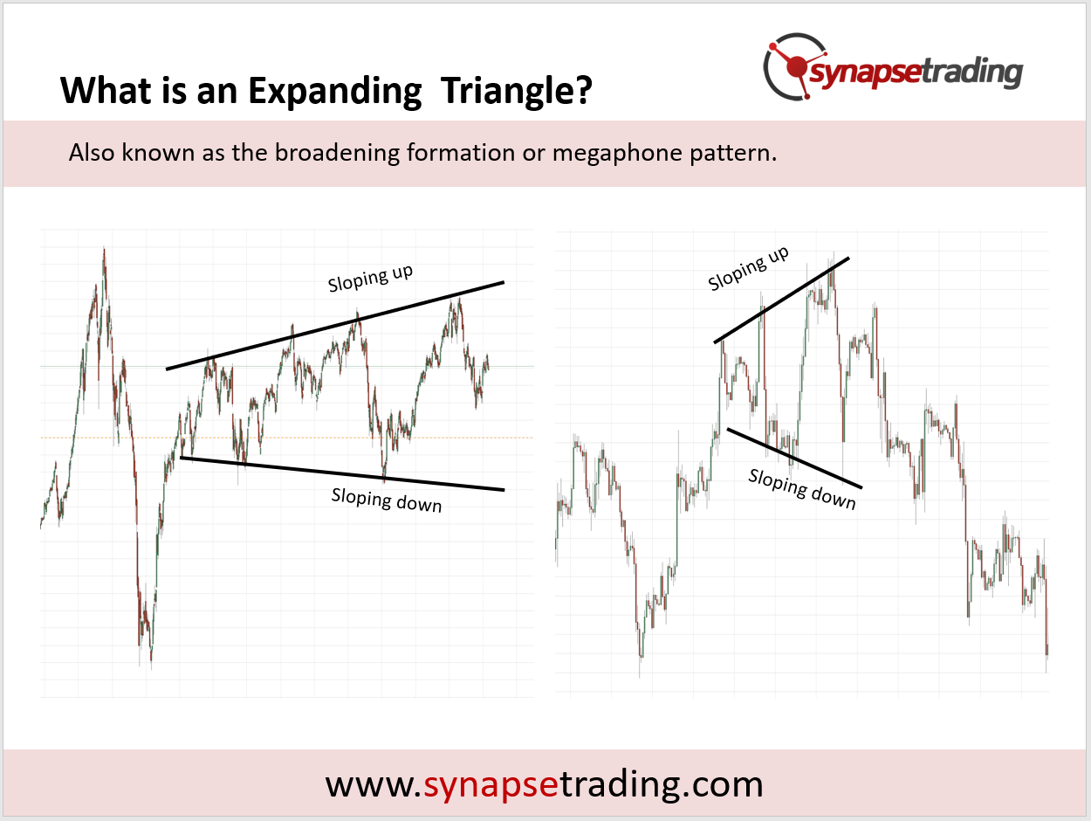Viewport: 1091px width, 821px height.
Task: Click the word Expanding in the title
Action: coord(335,92)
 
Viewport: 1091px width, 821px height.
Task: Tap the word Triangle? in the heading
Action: coord(517,92)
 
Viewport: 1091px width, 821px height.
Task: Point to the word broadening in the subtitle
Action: coord(338,152)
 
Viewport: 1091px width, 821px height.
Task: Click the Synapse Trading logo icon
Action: coord(795,66)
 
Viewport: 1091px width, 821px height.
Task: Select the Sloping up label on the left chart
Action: coord(370,278)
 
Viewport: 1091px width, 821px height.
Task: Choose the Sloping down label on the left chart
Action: coord(386,500)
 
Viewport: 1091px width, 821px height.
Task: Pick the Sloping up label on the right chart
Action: coord(748,268)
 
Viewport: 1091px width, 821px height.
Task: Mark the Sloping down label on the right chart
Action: coord(802,489)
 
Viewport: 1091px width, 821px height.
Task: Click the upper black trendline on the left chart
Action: coord(335,326)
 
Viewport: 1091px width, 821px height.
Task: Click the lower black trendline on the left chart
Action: coord(342,473)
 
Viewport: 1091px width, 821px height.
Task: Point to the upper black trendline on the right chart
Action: coord(781,300)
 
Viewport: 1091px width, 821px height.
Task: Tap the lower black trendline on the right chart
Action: coord(794,458)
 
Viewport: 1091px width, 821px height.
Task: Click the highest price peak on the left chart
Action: coord(104,249)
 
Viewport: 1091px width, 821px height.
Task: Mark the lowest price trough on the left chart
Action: coord(151,666)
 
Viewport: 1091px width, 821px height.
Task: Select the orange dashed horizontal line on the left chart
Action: coord(286,438)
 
